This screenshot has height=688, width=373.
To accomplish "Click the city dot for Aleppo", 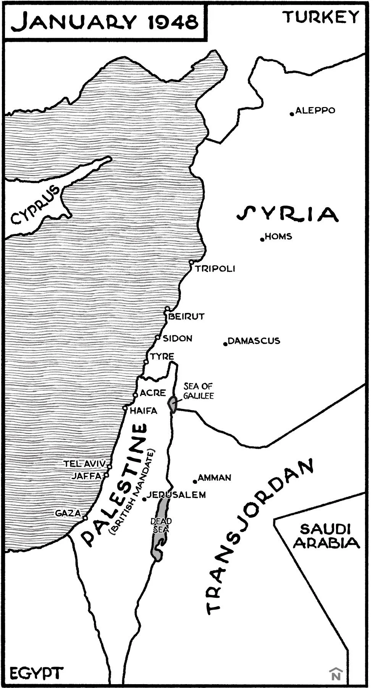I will (292, 113).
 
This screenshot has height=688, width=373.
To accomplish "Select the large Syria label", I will (287, 214).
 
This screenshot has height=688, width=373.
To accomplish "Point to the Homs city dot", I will (262, 239).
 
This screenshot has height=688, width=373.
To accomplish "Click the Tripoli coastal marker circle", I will (191, 262).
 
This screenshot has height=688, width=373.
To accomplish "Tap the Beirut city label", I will (186, 316).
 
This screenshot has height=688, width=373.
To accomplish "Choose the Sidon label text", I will (177, 338).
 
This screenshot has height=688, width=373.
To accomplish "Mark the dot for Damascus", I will (225, 344).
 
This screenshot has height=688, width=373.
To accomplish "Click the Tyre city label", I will (162, 357).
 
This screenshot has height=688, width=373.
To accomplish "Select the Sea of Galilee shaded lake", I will (173, 404).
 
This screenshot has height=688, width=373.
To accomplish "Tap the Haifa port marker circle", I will (125, 408).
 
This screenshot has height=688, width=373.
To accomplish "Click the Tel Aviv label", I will (84, 464).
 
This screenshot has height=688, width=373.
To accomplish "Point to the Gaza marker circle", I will (85, 518).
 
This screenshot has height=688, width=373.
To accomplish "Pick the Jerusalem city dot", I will (144, 499).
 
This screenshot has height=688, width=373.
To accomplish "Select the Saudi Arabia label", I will (326, 536).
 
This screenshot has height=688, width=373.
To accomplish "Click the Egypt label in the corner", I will (36, 672).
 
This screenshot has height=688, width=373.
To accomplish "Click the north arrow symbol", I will (335, 674).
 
